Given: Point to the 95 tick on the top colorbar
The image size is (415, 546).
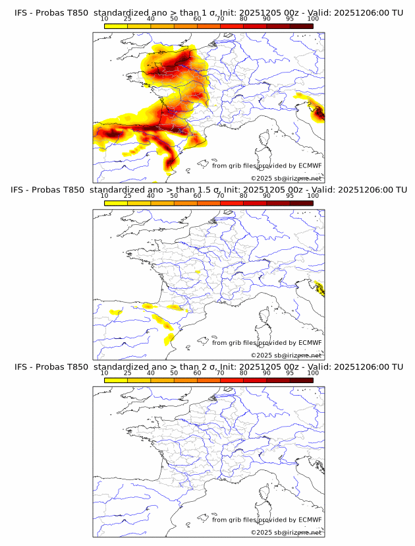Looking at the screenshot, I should click(x=290, y=19).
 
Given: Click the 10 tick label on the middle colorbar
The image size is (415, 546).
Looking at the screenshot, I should click(x=105, y=196).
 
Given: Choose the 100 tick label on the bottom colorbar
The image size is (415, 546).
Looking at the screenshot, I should click(x=313, y=373).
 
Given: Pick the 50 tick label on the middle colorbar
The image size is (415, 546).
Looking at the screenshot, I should click(x=174, y=196).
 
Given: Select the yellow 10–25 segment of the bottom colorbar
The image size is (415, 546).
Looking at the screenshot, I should click(x=116, y=380).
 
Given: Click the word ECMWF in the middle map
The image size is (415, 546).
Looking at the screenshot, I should click(x=310, y=343).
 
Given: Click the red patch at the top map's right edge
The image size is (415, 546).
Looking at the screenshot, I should click(x=319, y=113).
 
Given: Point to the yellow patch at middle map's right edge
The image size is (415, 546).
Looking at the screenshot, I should click(x=320, y=288).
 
